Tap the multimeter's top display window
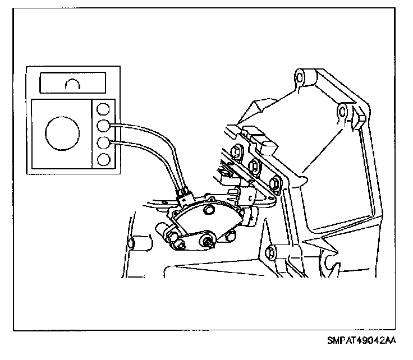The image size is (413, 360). (x=71, y=84)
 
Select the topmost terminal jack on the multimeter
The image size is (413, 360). (x=103, y=108)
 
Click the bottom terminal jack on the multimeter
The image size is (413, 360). (x=103, y=159)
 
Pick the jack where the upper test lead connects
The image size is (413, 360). (x=103, y=125)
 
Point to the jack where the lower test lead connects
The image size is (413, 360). (x=103, y=142)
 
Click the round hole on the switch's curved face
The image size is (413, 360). (x=210, y=210)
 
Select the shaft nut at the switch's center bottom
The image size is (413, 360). (x=207, y=242)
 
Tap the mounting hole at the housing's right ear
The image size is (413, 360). (x=342, y=115)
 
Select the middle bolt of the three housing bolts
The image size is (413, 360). (x=253, y=166)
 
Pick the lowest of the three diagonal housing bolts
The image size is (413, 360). (x=275, y=183)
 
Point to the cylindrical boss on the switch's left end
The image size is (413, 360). (x=162, y=230)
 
